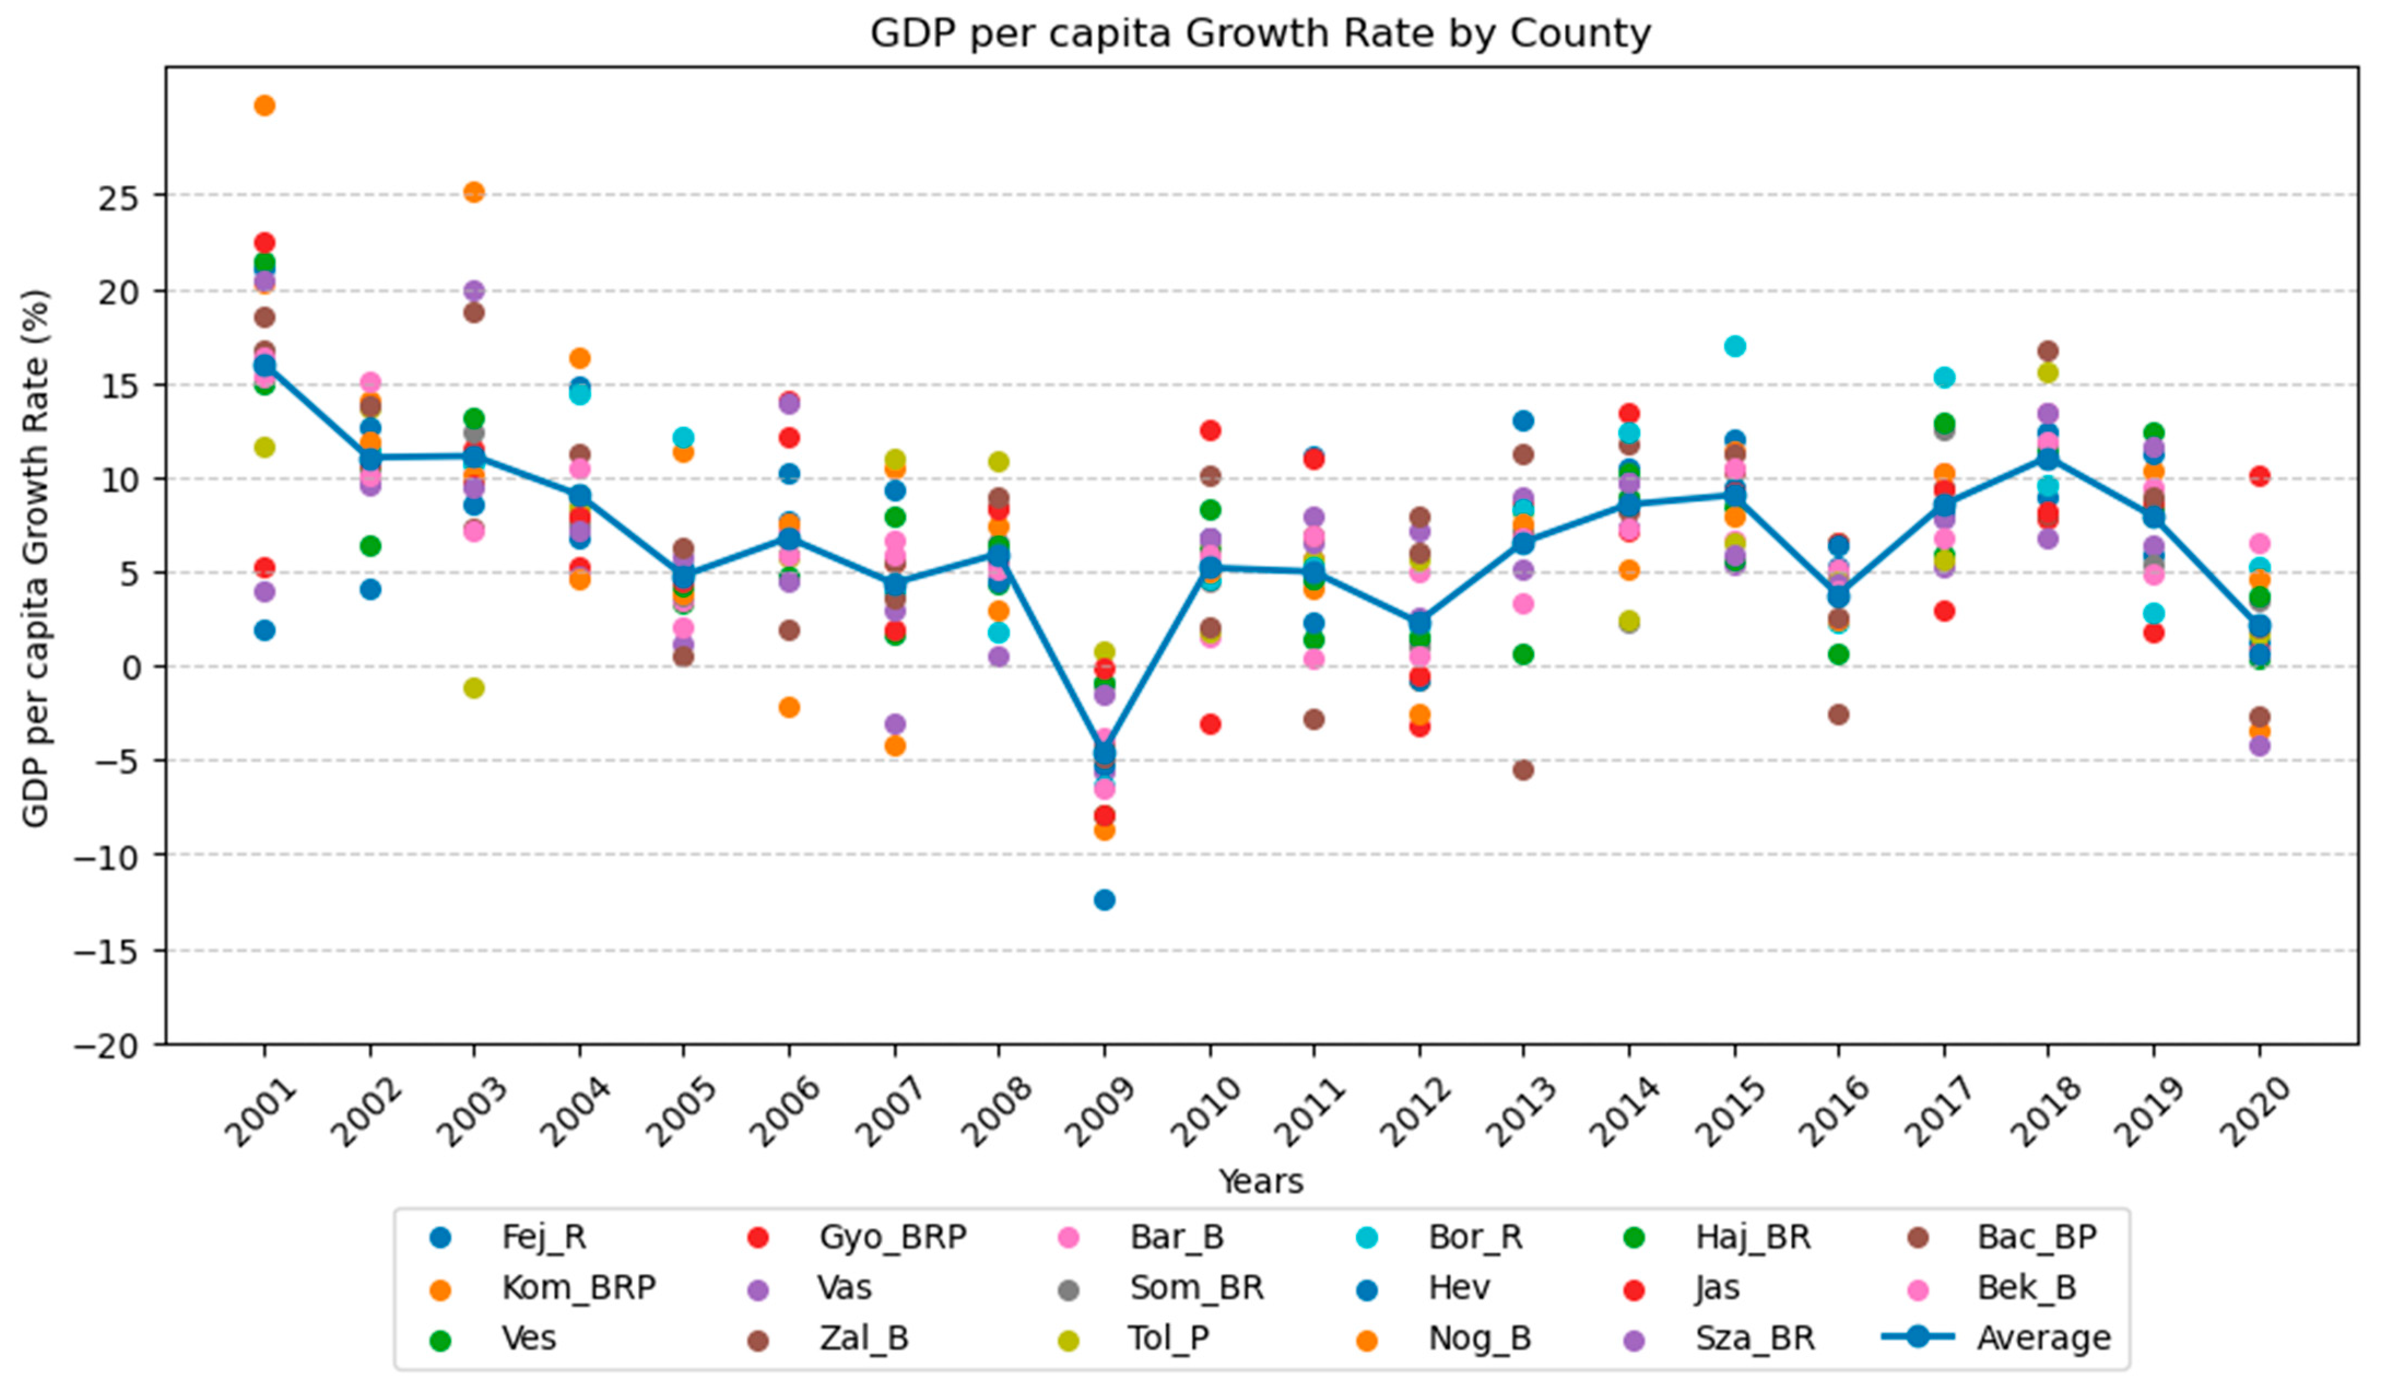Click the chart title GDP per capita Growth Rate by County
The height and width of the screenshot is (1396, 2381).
1259,34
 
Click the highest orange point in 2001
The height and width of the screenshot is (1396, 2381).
264,105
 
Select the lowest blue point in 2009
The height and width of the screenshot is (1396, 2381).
1104,900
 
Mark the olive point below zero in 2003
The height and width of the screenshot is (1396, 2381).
474,688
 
